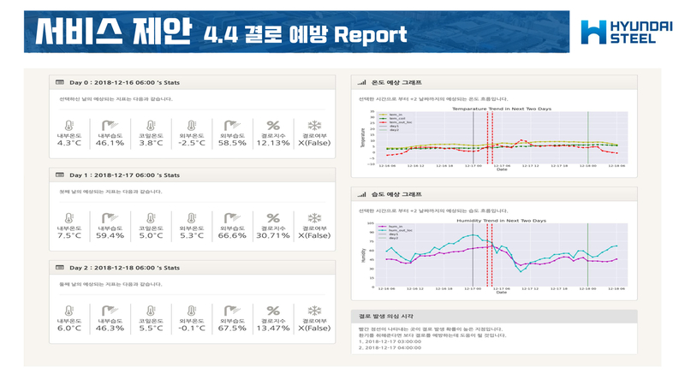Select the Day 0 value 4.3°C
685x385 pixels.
click(x=68, y=143)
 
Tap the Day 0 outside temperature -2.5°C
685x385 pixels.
click(x=191, y=143)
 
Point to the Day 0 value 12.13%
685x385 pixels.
click(x=273, y=143)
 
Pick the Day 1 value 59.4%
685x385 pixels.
click(x=110, y=235)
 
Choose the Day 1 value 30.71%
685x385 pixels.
click(x=273, y=235)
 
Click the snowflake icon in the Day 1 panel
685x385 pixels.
click(x=313, y=218)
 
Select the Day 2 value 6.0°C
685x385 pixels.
click(x=68, y=328)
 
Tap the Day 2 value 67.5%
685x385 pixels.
click(x=232, y=328)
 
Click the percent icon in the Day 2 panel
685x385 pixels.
click(x=273, y=311)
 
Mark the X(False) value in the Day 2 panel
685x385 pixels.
click(x=313, y=328)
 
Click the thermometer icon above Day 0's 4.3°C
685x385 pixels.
click(x=68, y=126)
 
